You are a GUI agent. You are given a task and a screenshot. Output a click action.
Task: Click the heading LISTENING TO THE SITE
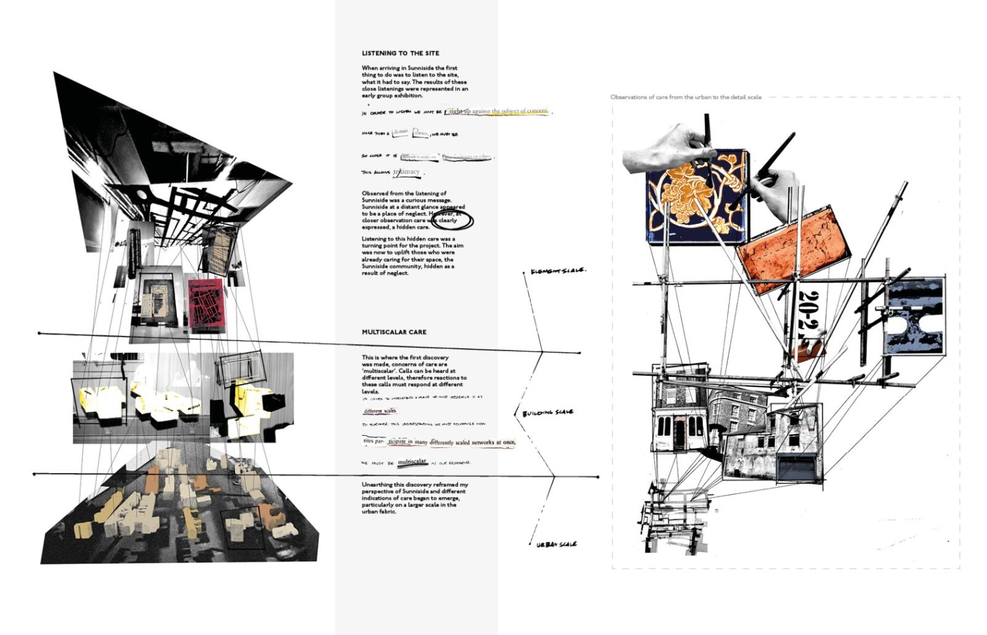[x=400, y=53]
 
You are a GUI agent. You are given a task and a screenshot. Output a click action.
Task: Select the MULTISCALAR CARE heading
[x=394, y=332]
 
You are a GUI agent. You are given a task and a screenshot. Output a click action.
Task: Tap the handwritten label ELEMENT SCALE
[x=558, y=271]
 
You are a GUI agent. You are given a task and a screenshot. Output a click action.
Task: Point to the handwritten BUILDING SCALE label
[x=548, y=413]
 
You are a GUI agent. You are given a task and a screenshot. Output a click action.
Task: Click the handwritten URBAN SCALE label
[x=556, y=544]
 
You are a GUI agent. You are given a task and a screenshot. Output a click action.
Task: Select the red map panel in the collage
[x=205, y=306]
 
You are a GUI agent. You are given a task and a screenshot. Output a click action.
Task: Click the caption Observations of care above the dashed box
[x=685, y=97]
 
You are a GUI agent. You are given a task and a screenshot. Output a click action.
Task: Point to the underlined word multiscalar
[x=412, y=462]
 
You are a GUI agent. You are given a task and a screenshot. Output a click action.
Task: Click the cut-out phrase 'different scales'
[x=380, y=411]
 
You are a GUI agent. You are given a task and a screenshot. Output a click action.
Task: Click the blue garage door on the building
[x=796, y=467]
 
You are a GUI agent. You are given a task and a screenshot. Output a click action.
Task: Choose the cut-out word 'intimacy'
[x=407, y=172]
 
